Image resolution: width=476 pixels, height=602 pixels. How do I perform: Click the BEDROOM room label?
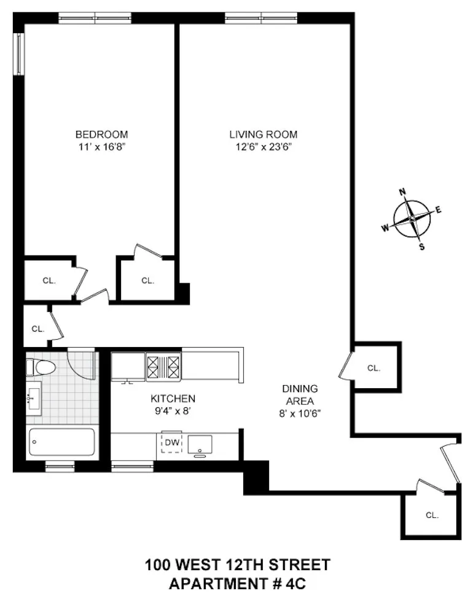tap(101, 135)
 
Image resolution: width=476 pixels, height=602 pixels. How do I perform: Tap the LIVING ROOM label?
tap(263, 135)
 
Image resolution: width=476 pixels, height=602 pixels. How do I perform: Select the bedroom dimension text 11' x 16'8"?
tap(101, 147)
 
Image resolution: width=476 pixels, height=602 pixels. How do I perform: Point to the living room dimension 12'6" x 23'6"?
tap(263, 147)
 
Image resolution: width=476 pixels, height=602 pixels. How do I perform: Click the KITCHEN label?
tap(173, 399)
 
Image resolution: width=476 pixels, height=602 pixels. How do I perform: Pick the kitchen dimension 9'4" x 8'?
tap(173, 410)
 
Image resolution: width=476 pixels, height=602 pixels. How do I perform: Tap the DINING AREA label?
tap(300, 394)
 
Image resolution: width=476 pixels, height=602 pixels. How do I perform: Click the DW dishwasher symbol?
tap(171, 442)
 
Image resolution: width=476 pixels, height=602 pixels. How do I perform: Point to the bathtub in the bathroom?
tap(61, 442)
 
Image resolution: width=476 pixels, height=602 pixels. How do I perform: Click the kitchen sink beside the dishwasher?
tap(200, 444)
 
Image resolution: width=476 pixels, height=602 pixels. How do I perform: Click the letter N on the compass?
tap(404, 192)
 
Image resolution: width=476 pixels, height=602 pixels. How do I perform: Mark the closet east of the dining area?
tap(374, 367)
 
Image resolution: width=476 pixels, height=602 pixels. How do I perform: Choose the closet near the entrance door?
tap(431, 515)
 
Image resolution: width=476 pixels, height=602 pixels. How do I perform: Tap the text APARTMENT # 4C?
tap(237, 583)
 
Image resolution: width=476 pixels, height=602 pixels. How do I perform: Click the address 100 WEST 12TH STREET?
tap(237, 564)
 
